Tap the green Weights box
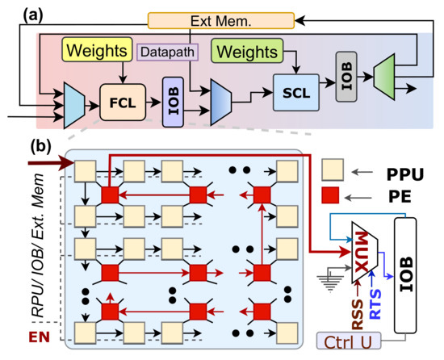tap(246, 52)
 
